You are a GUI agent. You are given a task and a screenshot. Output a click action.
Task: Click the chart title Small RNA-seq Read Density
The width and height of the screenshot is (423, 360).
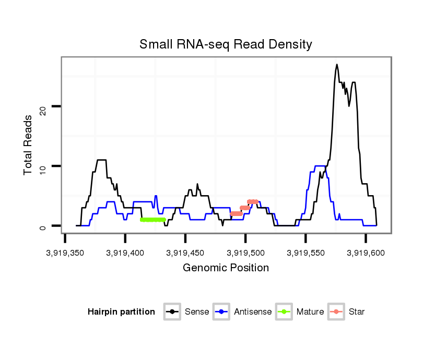click(x=226, y=44)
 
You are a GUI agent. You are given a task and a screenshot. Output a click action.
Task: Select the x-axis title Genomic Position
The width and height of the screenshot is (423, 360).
click(x=226, y=268)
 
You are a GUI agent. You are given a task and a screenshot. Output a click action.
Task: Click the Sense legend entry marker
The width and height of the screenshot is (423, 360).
click(x=172, y=312)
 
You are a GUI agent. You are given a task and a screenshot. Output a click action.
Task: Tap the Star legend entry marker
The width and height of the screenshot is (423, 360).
click(x=336, y=312)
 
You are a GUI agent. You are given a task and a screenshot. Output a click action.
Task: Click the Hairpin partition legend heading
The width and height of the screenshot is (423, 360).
click(x=121, y=312)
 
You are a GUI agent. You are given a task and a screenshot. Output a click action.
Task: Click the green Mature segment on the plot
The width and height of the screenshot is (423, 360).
click(x=152, y=220)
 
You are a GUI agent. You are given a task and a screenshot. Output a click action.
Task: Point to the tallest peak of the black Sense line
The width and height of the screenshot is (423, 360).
click(x=337, y=65)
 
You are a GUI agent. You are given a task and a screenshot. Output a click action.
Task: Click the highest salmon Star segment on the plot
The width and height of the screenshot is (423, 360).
click(x=253, y=202)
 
